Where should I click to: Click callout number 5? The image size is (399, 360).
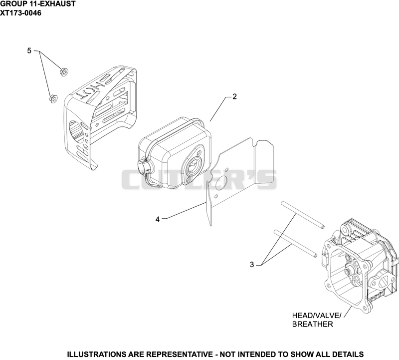tap(29, 51)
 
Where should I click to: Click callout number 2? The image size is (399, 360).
tap(234, 96)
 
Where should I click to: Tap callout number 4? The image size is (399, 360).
tap(158, 219)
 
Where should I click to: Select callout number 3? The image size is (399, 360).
tap(252, 265)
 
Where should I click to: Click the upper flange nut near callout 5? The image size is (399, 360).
tap(64, 71)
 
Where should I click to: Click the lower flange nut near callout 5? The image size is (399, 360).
tap(53, 98)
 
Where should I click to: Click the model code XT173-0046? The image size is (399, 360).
tap(20, 13)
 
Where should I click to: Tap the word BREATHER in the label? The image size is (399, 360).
tap(313, 324)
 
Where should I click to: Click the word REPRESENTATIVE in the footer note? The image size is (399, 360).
tap(180, 354)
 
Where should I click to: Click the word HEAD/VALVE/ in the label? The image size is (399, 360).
tap(317, 316)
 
